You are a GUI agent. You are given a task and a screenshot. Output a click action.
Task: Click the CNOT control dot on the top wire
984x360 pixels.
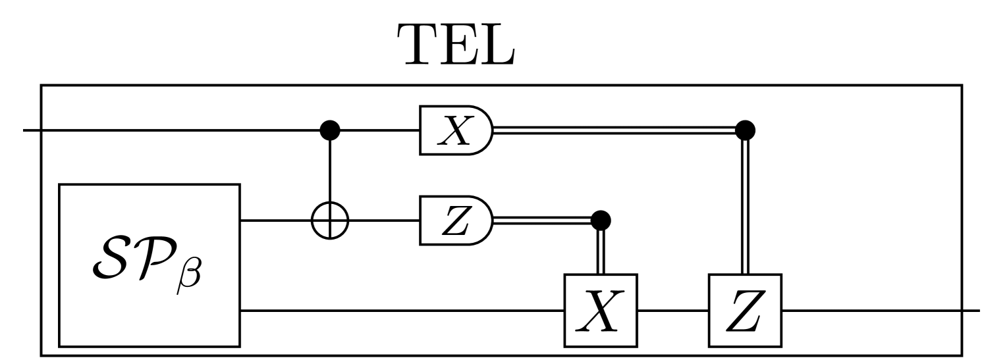pyautogui.click(x=329, y=131)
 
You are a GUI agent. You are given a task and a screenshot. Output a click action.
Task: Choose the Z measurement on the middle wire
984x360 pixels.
pyautogui.click(x=454, y=221)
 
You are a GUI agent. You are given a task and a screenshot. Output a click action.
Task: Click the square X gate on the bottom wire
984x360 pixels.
pyautogui.click(x=600, y=309)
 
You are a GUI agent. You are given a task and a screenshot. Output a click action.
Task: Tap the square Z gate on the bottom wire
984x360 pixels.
pyautogui.click(x=744, y=309)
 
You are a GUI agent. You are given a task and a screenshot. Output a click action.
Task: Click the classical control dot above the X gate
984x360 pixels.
pyautogui.click(x=600, y=219)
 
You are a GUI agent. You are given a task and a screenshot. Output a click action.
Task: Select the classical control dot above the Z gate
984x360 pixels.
pyautogui.click(x=744, y=130)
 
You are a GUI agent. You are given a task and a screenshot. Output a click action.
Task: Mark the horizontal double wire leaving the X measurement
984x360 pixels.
pyautogui.click(x=613, y=131)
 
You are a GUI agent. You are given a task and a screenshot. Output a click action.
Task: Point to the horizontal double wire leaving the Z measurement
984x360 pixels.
pyautogui.click(x=540, y=220)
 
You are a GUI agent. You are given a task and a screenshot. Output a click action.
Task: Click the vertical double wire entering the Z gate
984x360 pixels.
pyautogui.click(x=744, y=204)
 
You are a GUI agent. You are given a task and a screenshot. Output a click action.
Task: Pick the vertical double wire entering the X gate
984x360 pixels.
pyautogui.click(x=600, y=250)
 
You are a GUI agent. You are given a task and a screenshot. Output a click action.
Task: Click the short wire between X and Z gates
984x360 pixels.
pyautogui.click(x=672, y=309)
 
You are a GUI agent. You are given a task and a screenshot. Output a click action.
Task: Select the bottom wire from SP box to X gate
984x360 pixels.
pyautogui.click(x=402, y=309)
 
